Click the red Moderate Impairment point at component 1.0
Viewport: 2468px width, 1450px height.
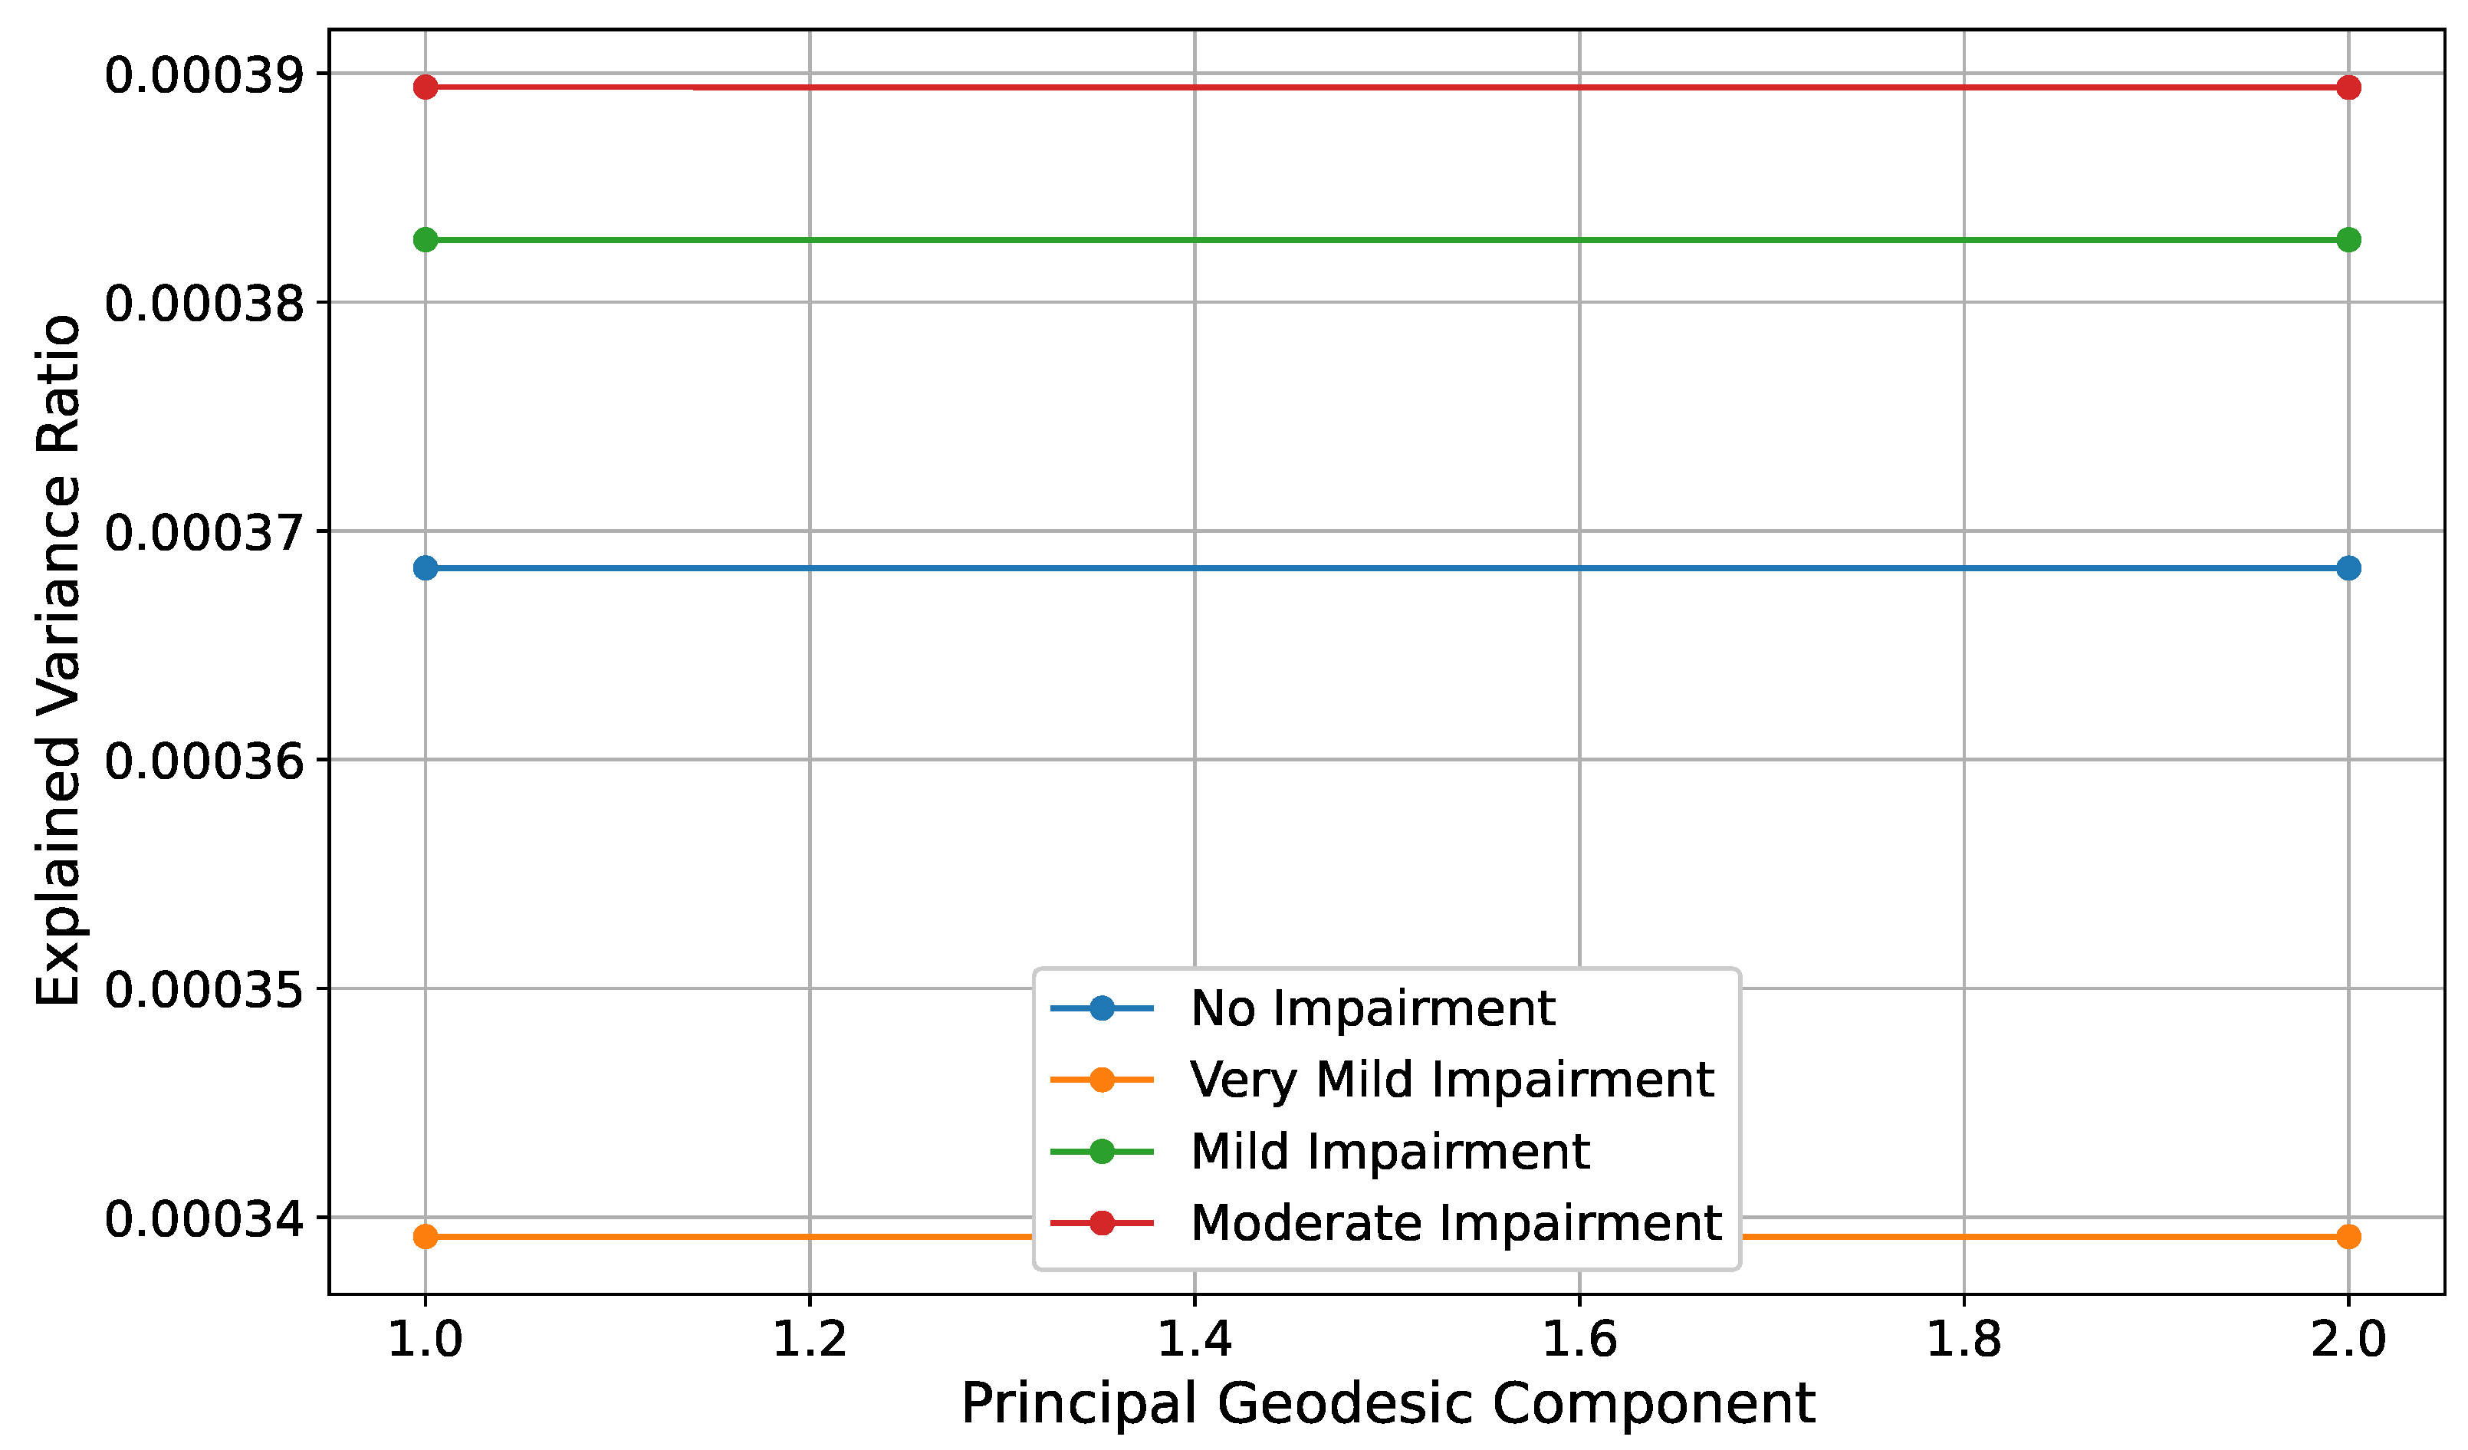coord(425,87)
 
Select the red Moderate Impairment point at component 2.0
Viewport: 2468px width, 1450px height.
coord(2348,87)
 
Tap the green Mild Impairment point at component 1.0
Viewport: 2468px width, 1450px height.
coord(425,240)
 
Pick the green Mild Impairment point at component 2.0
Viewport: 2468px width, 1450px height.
coord(2348,240)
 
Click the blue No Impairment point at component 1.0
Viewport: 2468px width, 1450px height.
coord(425,568)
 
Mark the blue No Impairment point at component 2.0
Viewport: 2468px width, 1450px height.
coord(2348,568)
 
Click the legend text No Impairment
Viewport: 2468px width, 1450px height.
coord(1372,1008)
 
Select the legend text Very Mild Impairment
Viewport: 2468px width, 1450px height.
coord(1451,1080)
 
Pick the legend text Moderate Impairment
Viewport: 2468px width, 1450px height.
coord(1455,1223)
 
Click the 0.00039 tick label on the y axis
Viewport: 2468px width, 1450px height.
coord(204,75)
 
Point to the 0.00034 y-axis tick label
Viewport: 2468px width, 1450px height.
coord(204,1220)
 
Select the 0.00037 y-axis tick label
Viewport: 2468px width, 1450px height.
coord(204,533)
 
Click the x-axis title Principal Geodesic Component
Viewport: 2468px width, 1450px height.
coord(1388,1404)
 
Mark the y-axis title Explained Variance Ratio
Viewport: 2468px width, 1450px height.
coord(59,661)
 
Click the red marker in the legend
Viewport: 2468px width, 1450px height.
coord(1102,1223)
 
